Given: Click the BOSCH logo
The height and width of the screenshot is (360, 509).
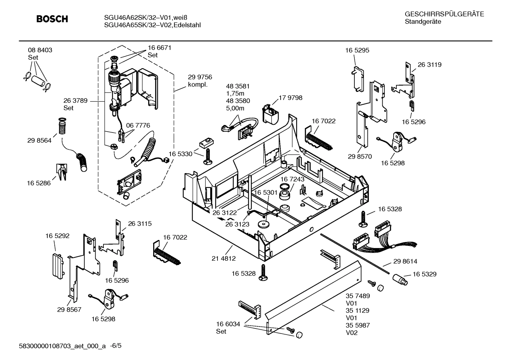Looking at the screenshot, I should tap(52, 19).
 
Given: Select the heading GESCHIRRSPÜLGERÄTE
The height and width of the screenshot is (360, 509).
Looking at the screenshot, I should tap(444, 14).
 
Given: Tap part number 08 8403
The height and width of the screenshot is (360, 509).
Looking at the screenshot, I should tap(40, 50).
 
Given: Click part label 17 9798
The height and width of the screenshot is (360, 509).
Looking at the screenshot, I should tap(290, 98).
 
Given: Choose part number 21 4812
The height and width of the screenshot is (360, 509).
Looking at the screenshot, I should tap(223, 259).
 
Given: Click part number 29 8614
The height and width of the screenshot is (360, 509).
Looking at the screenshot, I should tap(405, 261).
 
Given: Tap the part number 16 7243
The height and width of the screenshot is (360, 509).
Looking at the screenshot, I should tap(292, 179).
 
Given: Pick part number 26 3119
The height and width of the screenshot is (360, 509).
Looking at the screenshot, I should tap(429, 65).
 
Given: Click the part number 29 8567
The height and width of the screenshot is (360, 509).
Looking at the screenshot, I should tap(69, 309).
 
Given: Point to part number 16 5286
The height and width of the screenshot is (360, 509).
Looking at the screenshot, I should tap(39, 183).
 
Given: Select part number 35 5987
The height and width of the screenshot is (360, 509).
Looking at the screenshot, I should tap(358, 325).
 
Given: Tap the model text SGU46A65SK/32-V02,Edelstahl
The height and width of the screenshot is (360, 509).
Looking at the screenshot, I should tap(152, 25).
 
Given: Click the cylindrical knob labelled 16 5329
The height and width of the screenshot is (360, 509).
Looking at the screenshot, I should tap(400, 279).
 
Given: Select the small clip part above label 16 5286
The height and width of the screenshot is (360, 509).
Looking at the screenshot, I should tap(61, 171).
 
